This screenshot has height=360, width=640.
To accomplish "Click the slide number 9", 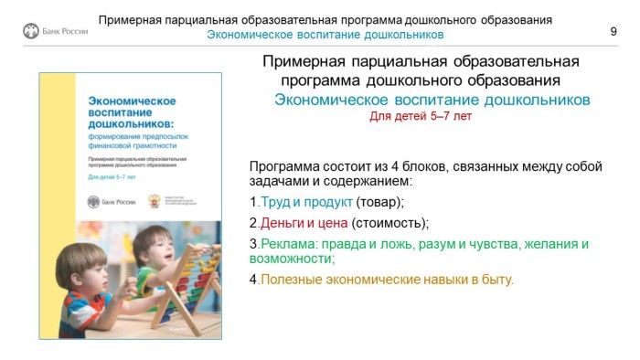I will coord(613,32).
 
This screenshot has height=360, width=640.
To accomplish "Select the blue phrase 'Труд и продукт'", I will coord(305,202).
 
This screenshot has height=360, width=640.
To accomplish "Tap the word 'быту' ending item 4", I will coord(499,279).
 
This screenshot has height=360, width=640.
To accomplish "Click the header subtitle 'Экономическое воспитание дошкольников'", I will coord(325,35).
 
